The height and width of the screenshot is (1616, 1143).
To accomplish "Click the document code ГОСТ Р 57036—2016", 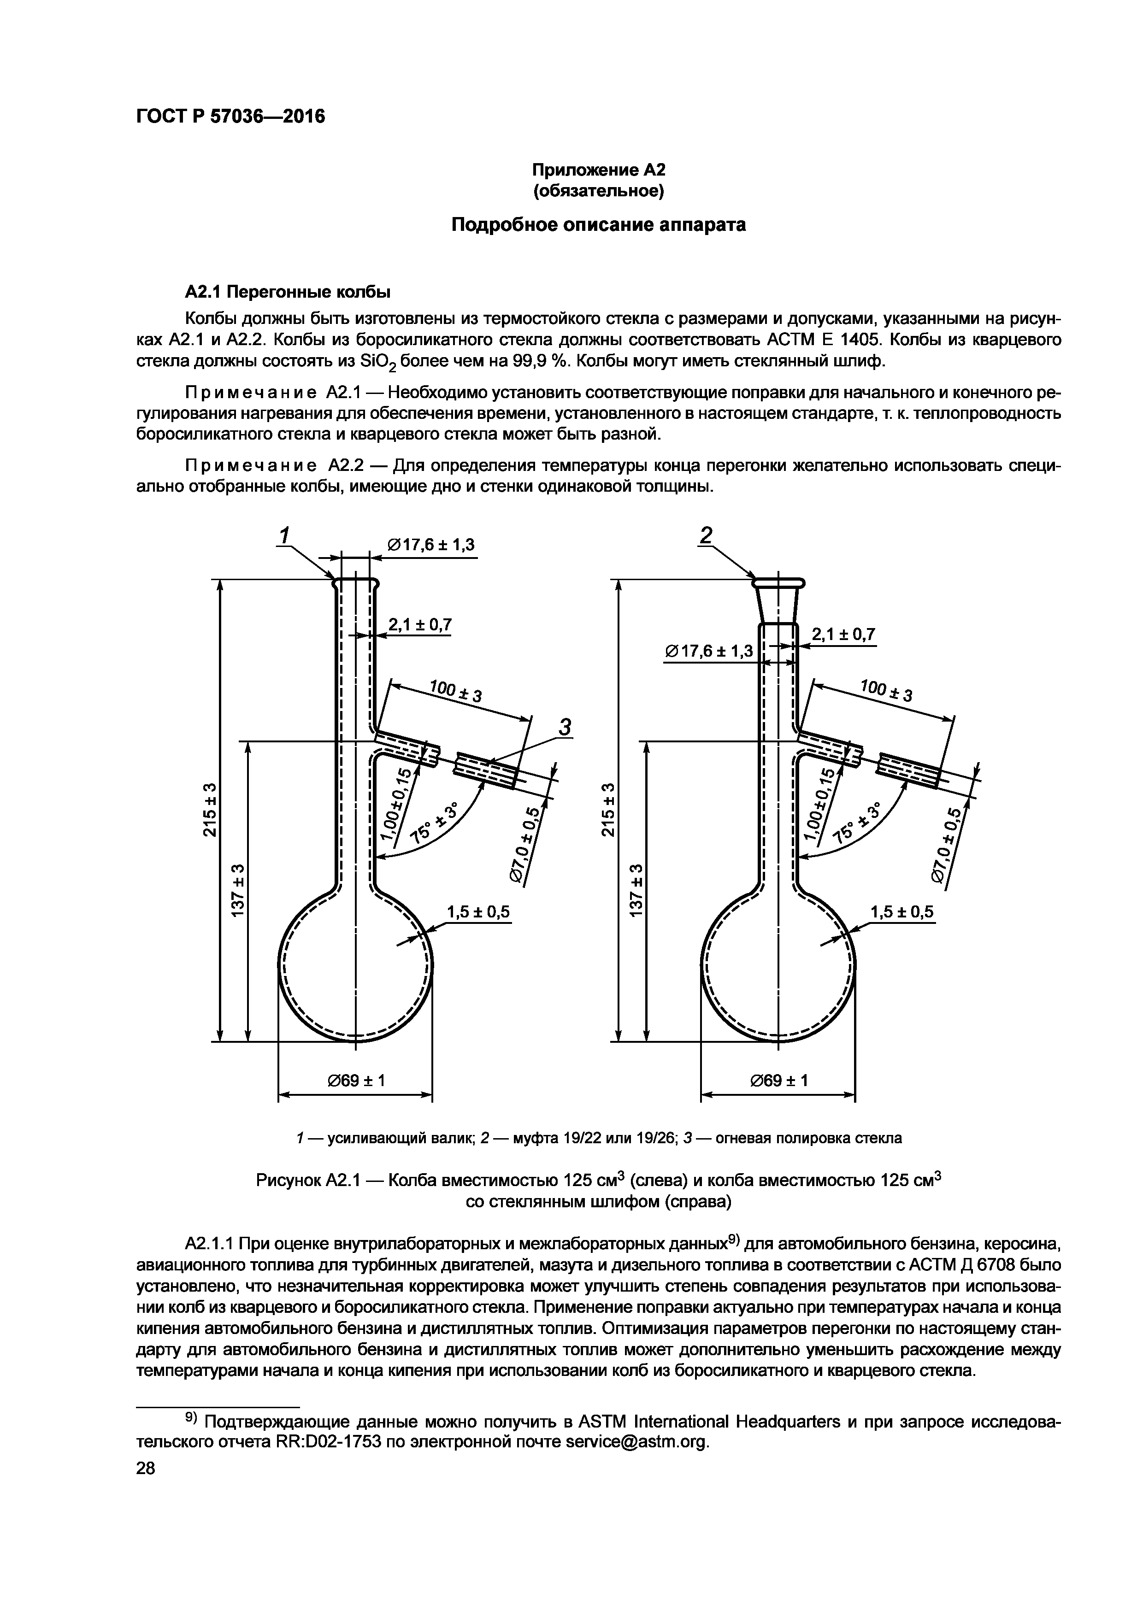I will (x=230, y=117).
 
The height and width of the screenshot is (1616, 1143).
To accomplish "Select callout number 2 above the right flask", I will (x=706, y=535).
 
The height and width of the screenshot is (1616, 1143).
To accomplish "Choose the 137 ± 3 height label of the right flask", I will (x=637, y=890).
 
